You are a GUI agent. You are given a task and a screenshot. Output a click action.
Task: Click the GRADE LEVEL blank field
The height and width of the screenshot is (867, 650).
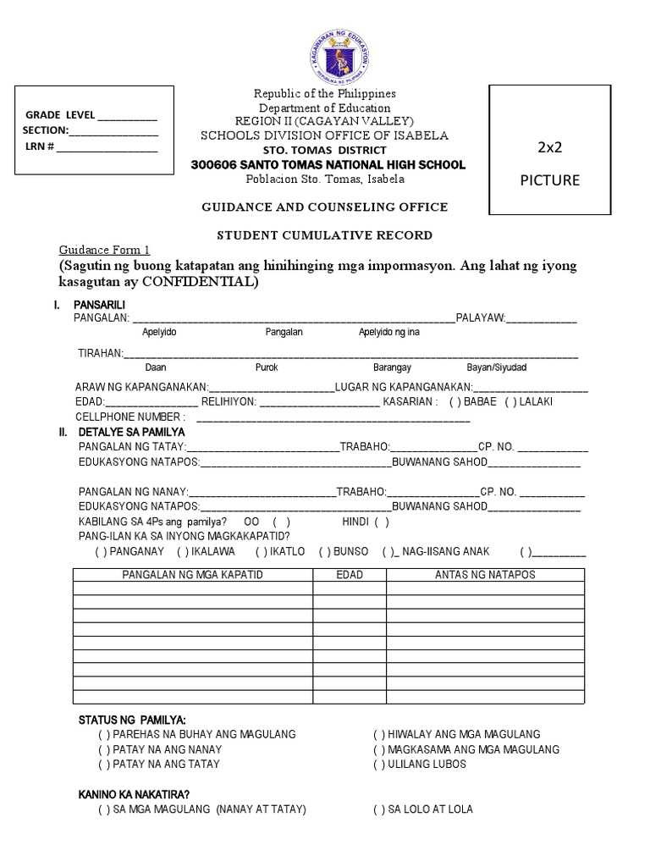128,116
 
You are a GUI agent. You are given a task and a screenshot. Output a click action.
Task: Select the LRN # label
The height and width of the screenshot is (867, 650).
40,146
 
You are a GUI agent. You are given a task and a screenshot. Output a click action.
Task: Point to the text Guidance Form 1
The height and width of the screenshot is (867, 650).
103,250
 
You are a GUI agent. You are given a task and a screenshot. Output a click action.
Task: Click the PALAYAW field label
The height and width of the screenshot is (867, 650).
480,318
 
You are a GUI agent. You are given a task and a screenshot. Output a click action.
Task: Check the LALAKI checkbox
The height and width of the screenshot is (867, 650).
510,401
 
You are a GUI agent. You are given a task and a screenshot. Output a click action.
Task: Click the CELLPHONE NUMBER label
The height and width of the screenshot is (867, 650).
130,417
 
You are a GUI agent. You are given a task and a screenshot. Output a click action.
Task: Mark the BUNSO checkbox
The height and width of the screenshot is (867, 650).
324,551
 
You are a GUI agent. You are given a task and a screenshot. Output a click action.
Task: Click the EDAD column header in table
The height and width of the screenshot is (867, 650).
350,575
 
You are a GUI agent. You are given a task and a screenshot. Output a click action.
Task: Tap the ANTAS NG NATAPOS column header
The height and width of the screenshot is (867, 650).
485,575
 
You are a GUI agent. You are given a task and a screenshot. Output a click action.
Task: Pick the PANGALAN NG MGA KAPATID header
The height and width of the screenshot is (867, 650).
193,575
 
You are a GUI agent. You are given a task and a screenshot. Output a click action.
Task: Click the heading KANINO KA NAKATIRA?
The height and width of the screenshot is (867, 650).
134,794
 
